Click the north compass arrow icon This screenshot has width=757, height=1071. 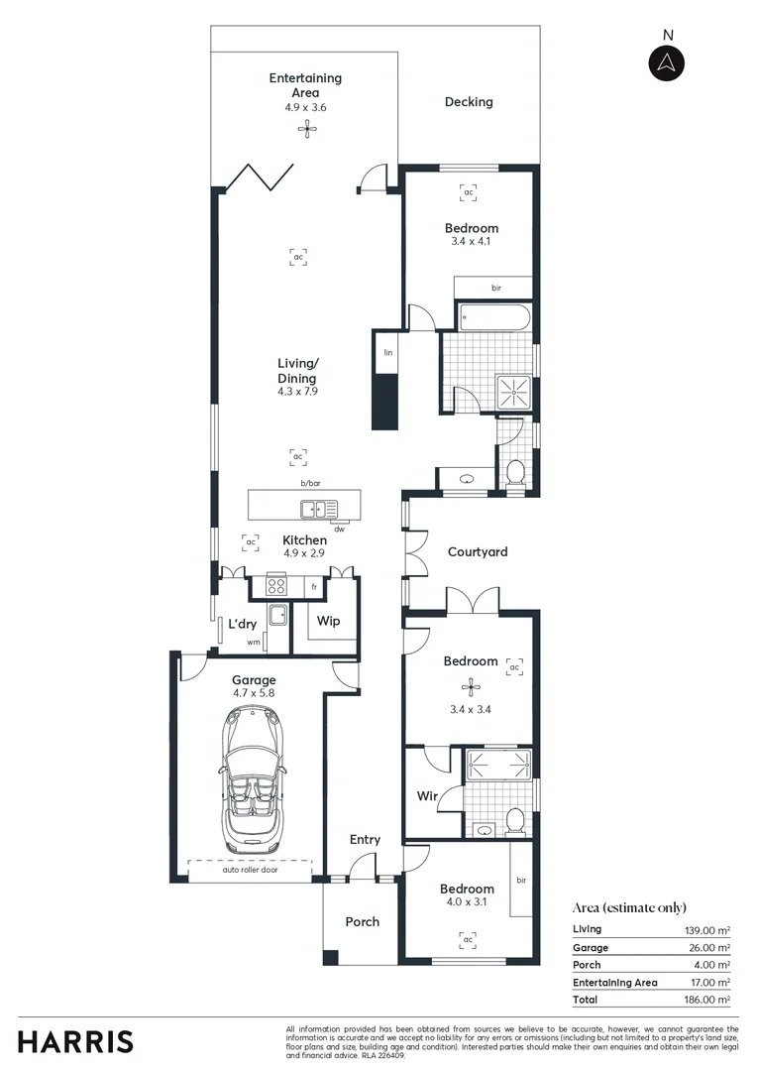click(x=667, y=62)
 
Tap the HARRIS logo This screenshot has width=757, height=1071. click(x=75, y=1041)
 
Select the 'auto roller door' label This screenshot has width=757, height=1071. click(x=253, y=870)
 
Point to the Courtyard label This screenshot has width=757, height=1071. click(x=477, y=551)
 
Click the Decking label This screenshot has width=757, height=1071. click(x=469, y=101)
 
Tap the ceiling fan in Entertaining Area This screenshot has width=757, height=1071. click(x=307, y=126)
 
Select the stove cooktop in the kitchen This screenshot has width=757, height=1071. click(x=275, y=586)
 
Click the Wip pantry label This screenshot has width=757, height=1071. click(x=328, y=621)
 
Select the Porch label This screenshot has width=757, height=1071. click(x=362, y=921)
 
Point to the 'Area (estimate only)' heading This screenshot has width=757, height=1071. click(x=628, y=907)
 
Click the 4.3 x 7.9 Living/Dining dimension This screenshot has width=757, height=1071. click(x=297, y=392)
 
